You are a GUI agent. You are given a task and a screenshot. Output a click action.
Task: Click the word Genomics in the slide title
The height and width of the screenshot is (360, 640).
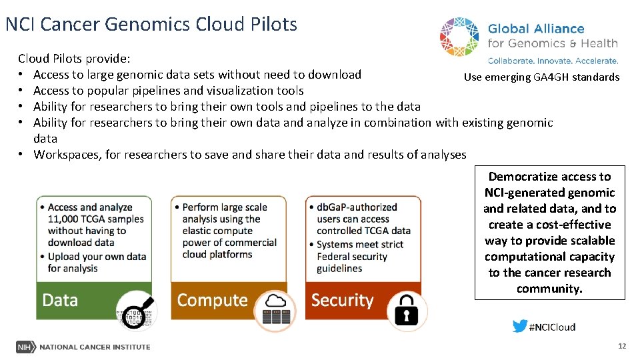[x=152, y=25]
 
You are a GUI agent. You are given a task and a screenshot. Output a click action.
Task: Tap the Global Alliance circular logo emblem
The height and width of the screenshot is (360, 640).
[x=460, y=37]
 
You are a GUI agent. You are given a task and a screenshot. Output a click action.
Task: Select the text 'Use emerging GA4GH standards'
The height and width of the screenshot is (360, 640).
[x=541, y=77]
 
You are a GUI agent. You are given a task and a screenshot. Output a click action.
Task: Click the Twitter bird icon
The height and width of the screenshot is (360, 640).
[x=519, y=326]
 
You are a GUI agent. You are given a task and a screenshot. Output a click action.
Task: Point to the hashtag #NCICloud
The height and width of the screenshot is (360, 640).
[x=552, y=327]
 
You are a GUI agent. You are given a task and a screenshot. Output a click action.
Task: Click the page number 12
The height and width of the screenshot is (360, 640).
[x=622, y=346]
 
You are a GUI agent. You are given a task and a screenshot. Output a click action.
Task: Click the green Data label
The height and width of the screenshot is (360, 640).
[x=60, y=301]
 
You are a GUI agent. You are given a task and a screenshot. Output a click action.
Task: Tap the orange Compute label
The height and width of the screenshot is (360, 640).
[x=212, y=301]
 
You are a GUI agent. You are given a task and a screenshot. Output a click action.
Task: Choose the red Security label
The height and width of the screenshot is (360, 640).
[x=343, y=301]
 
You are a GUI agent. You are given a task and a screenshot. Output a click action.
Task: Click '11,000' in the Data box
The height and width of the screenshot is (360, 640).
[x=63, y=219]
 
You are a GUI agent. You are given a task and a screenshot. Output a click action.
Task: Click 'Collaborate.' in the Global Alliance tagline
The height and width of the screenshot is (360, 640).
[x=515, y=61]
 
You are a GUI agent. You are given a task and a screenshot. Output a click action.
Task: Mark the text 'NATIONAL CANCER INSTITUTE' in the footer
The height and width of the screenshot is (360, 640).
[x=95, y=347]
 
